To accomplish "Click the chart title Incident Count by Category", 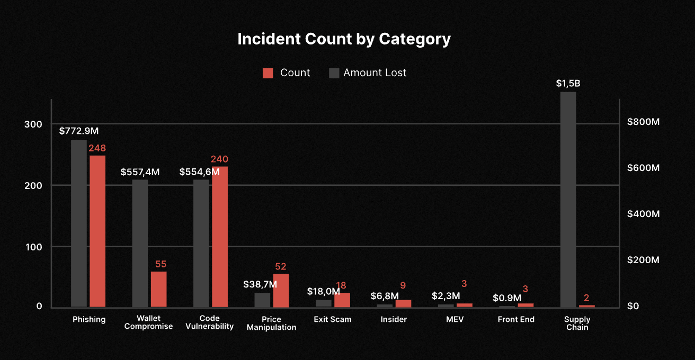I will pos(344,39).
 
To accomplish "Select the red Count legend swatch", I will pos(268,73).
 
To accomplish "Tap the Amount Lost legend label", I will pos(375,73).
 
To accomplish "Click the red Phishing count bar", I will pos(97,231).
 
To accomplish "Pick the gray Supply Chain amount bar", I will pos(568,199).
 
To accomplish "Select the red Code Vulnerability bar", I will pos(220,237).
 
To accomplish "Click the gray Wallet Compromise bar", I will pos(140,243).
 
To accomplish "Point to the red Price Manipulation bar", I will pos(281,290).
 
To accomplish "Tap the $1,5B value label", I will pos(568,84).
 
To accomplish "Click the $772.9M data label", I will pos(78,130).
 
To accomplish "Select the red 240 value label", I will pos(219,159).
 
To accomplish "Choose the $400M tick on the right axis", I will pos(643,214).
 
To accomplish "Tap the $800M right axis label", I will pos(643,122).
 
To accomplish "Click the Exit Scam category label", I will pos(332,319).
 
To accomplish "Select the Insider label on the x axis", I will pos(394,319).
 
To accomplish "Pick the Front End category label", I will pos(516,319).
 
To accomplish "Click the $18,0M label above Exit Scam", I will pos(323,292).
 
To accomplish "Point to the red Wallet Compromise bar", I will pos(158,289).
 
